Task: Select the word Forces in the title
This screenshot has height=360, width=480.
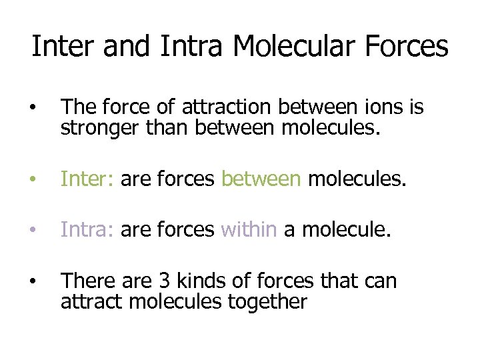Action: pos(405,47)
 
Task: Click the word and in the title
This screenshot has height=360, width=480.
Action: pos(122,47)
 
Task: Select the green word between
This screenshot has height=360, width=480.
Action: pos(261,179)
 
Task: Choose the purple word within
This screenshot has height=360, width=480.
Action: pos(249,230)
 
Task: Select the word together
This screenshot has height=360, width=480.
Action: pos(267,301)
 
